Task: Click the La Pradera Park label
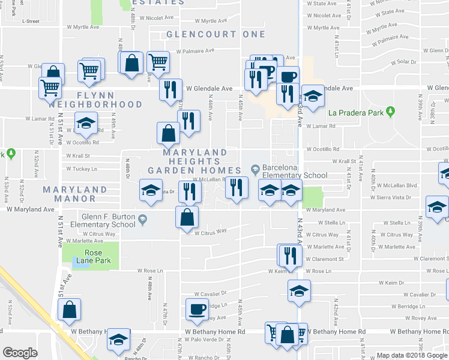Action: (x=355, y=112)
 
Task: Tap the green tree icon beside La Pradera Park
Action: (x=391, y=112)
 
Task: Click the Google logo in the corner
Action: (x=19, y=353)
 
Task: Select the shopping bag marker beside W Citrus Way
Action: (x=187, y=217)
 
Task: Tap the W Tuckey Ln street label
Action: (x=82, y=169)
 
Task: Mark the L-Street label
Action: (x=30, y=21)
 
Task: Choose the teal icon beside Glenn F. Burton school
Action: (x=143, y=220)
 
